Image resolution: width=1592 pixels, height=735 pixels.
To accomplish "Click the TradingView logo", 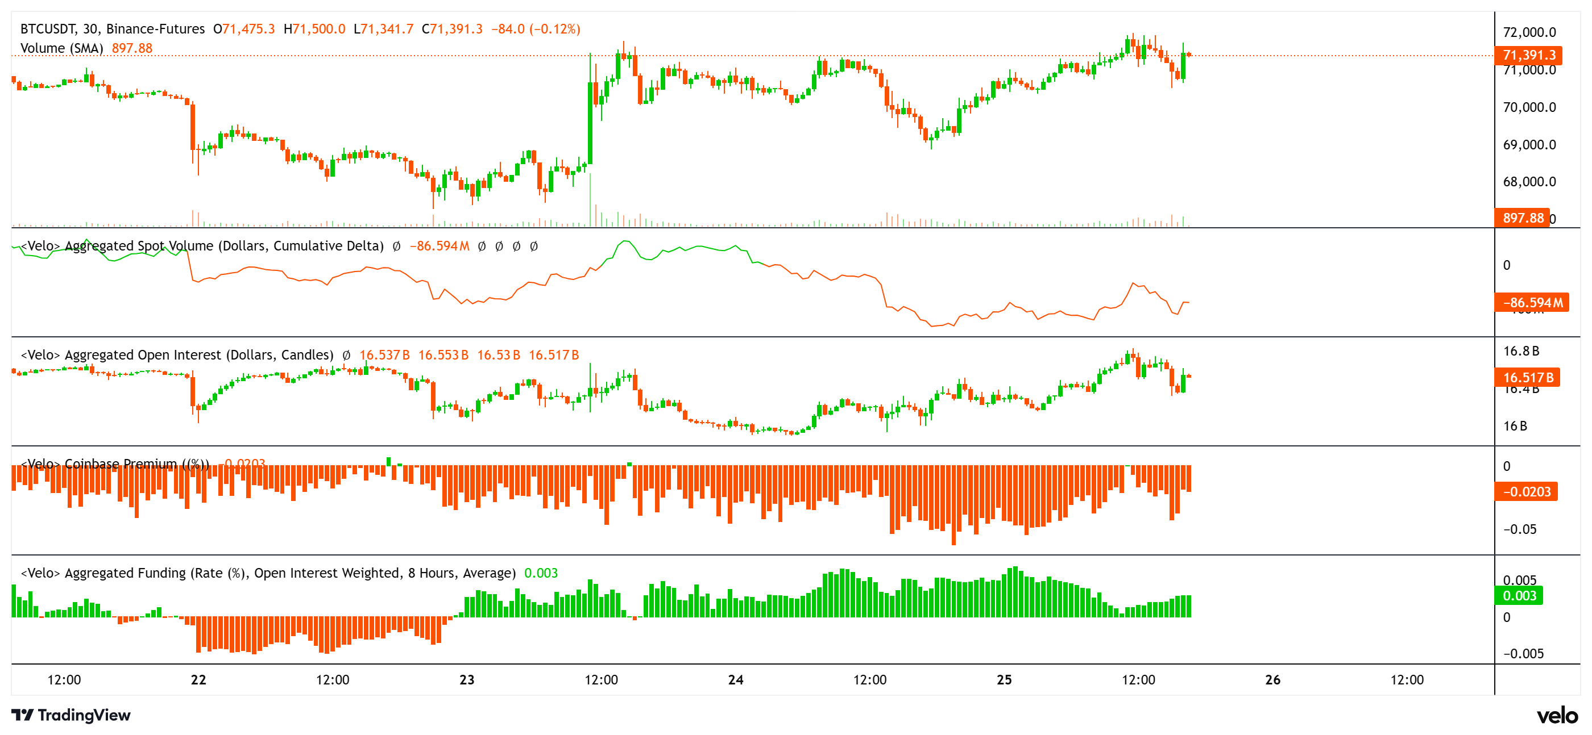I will pyautogui.click(x=71, y=715).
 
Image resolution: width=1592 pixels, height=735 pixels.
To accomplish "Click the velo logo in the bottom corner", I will pyautogui.click(x=1557, y=715).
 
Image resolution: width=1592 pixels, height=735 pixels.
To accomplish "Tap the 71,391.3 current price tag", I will pyautogui.click(x=1528, y=55).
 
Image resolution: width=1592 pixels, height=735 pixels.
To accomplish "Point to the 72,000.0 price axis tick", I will pyautogui.click(x=1529, y=32).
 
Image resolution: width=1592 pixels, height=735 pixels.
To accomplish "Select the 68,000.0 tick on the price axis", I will pyautogui.click(x=1529, y=182).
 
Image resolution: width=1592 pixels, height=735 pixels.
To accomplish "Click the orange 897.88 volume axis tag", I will pyautogui.click(x=1522, y=218).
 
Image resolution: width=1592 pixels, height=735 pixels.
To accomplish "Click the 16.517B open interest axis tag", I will pyautogui.click(x=1527, y=377).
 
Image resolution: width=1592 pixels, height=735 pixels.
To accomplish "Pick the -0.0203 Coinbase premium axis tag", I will pyautogui.click(x=1526, y=492).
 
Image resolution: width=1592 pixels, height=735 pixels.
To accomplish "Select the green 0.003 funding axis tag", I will pyautogui.click(x=1519, y=595).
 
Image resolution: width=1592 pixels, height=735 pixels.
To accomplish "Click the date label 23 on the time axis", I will pyautogui.click(x=467, y=679).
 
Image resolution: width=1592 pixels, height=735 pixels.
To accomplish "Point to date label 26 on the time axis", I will pyautogui.click(x=1272, y=679).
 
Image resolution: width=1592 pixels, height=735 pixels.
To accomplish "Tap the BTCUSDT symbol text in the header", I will pyautogui.click(x=48, y=29).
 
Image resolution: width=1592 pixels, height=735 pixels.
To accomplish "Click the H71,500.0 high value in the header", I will pyautogui.click(x=314, y=29).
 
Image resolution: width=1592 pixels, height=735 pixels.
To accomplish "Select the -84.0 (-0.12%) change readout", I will pyautogui.click(x=535, y=29).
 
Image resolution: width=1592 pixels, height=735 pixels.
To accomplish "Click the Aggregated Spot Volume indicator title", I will pyautogui.click(x=202, y=246).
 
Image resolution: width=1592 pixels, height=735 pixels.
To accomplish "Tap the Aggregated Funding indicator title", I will pyautogui.click(x=268, y=573).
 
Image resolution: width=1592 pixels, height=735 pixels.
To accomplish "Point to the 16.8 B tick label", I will pyautogui.click(x=1521, y=352).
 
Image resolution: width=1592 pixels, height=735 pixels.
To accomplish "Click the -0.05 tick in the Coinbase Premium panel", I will pyautogui.click(x=1519, y=529).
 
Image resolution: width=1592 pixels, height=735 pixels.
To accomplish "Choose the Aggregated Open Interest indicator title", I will pyautogui.click(x=177, y=355).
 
